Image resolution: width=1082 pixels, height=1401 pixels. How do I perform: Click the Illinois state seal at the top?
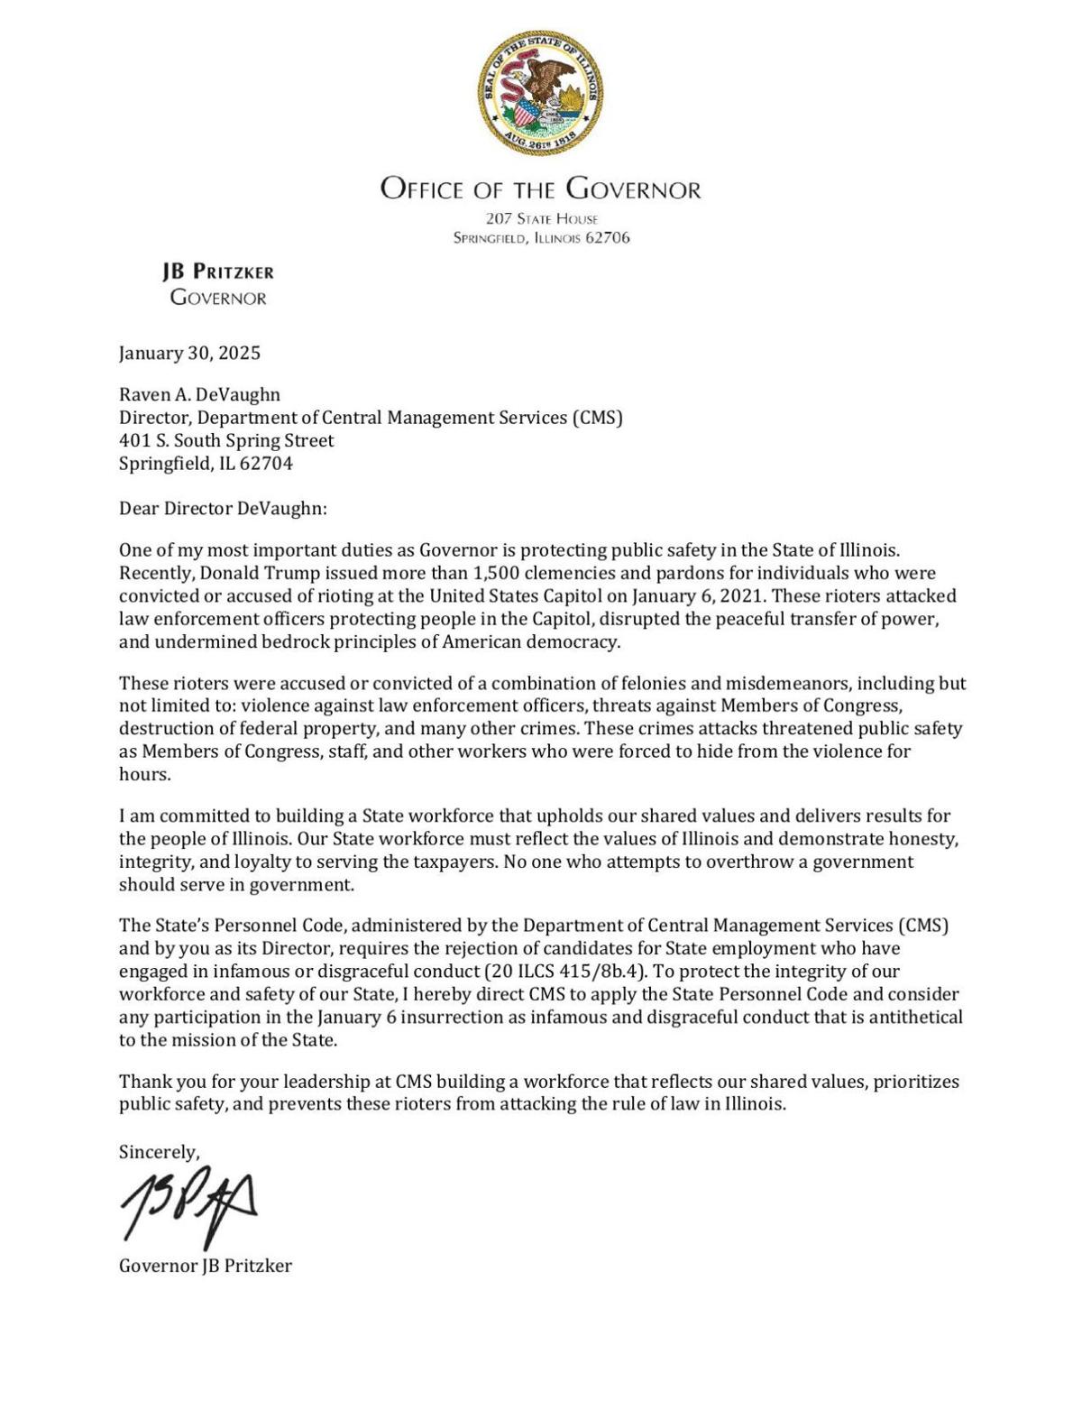click(x=540, y=92)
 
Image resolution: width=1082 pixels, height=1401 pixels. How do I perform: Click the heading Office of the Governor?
click(x=540, y=189)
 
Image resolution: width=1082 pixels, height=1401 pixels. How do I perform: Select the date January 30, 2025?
click(x=189, y=353)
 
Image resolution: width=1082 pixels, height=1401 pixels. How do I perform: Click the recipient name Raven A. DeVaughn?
click(x=199, y=394)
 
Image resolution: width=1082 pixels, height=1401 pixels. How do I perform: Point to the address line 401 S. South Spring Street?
click(x=226, y=440)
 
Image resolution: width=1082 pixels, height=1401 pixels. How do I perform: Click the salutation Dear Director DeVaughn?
click(x=223, y=508)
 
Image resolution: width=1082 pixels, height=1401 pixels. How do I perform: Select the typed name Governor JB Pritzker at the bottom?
click(x=206, y=1266)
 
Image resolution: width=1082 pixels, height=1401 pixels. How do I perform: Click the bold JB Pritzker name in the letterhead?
click(x=218, y=272)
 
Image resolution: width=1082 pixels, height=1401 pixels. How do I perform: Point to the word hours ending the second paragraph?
click(x=143, y=774)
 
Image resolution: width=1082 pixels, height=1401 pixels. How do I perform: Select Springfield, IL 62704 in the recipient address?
click(x=206, y=464)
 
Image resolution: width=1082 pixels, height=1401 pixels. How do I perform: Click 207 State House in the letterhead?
click(x=541, y=218)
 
